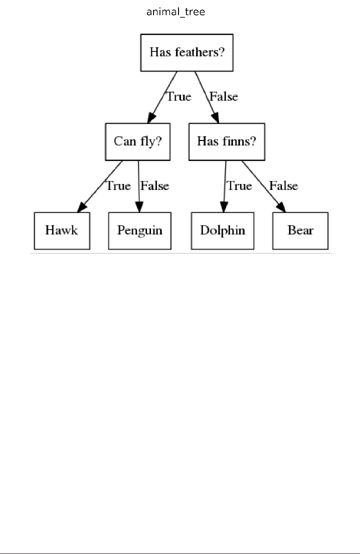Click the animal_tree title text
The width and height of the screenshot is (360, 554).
pos(175,12)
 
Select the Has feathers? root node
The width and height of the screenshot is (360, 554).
pos(187,52)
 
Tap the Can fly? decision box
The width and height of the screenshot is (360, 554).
pos(137,141)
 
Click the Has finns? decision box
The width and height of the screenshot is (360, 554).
pos(226,141)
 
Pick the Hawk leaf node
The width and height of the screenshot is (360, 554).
pos(61,230)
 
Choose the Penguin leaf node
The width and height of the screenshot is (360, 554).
pos(139,230)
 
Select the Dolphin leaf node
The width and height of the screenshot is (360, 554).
pos(222,230)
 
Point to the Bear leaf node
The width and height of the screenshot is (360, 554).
pos(300,230)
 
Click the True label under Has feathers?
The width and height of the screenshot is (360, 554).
pos(178,96)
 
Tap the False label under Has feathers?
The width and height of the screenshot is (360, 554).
pos(223,96)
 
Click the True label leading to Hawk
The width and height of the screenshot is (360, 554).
pos(118,186)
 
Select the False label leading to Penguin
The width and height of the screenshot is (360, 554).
pos(155,186)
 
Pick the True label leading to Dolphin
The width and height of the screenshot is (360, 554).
pos(239,186)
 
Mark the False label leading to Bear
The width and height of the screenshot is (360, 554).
pos(283,186)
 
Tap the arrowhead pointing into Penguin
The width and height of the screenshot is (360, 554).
pos(139,206)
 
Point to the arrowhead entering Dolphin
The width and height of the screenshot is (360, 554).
pos(223,206)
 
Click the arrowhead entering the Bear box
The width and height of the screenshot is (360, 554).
pos(281,206)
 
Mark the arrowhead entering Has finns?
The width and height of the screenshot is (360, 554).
pos(215,117)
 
